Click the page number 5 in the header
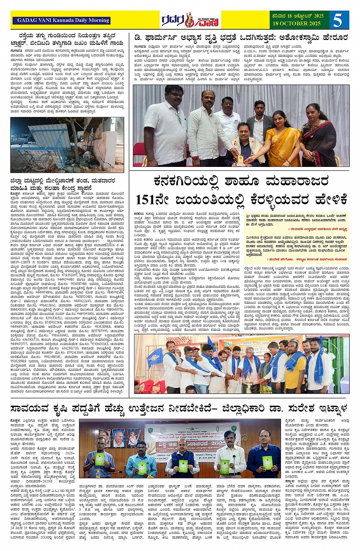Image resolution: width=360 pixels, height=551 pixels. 338,20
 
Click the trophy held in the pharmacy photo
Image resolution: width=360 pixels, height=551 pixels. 240,157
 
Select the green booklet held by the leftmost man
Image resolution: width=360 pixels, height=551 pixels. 99,459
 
